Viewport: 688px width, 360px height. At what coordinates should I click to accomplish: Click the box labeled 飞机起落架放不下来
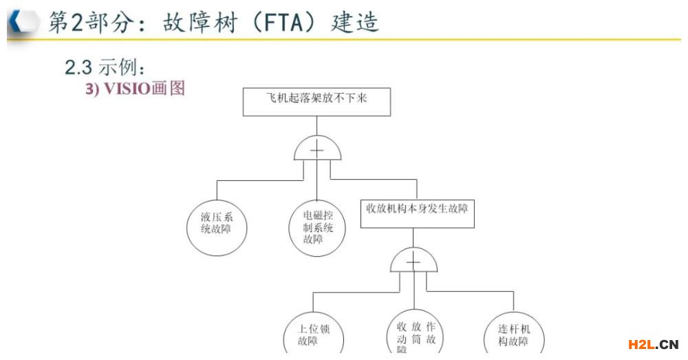[x=316, y=100]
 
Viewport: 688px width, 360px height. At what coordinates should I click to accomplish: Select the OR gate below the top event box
[x=317, y=149]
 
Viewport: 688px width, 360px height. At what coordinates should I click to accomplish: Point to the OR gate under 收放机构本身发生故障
[x=413, y=261]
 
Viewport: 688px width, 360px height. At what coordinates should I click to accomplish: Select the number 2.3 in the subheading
[x=80, y=67]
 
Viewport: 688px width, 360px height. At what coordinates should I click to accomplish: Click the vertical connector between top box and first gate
[x=316, y=125]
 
